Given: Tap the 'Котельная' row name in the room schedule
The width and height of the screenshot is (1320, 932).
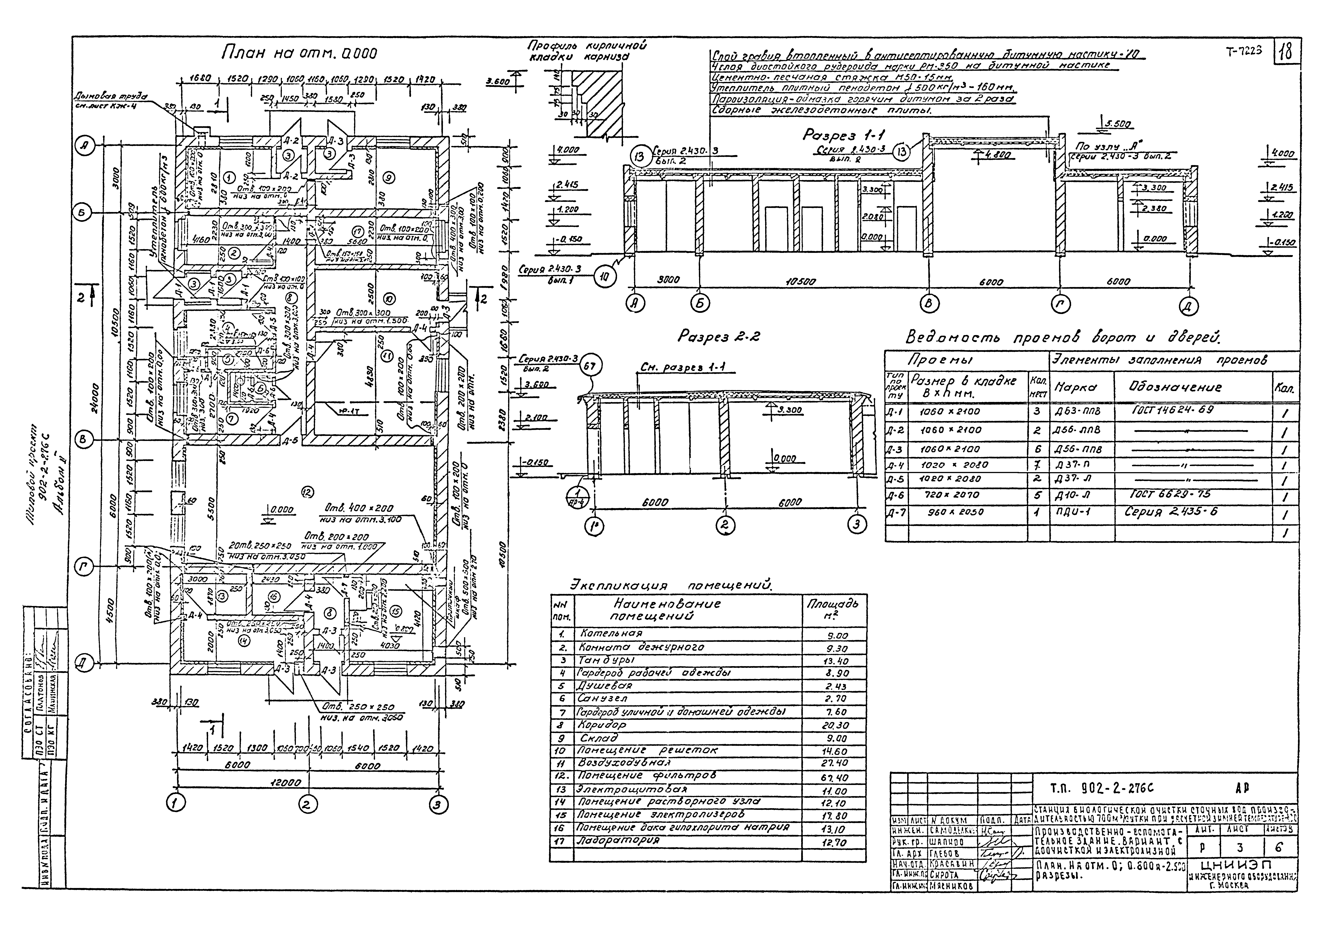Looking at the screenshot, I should (611, 634).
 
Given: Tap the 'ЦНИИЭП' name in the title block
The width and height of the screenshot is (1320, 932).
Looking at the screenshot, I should (1240, 865).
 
